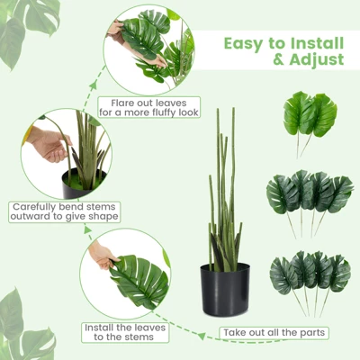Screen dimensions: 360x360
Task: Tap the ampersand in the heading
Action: tap(279, 59)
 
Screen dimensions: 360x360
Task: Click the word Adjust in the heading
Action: tap(317, 60)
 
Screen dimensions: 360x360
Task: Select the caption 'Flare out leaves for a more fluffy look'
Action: tap(149, 107)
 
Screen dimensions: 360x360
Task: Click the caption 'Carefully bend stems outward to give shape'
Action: tap(64, 211)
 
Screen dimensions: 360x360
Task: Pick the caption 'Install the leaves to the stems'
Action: tap(125, 332)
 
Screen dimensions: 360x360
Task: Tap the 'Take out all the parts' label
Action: tap(274, 333)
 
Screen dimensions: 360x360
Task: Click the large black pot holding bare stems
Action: tap(225, 289)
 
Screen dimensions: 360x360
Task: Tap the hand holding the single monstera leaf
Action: tap(102, 255)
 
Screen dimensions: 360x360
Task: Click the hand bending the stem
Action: tap(51, 146)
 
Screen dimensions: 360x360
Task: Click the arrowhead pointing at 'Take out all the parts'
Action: tap(202, 336)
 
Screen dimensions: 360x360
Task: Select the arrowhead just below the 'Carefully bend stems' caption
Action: tap(88, 230)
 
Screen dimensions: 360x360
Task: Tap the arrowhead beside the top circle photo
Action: tap(94, 85)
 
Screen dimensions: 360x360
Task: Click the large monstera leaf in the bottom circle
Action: tap(139, 281)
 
